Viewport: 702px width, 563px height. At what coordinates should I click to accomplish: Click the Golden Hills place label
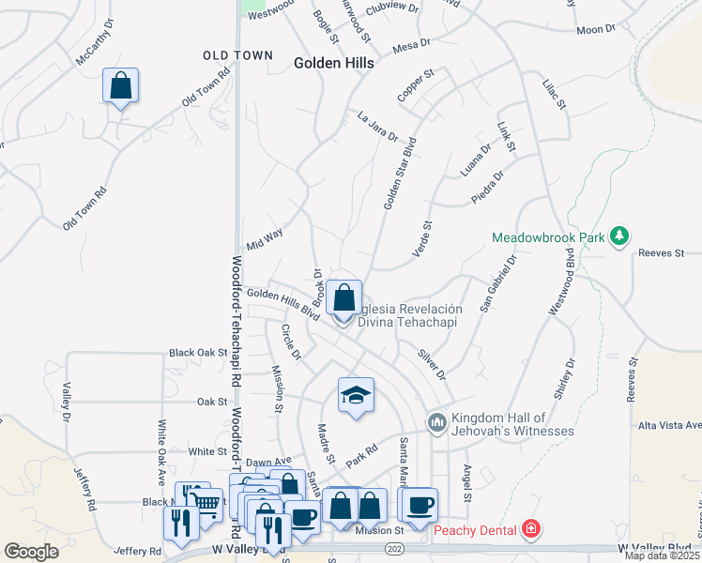333,63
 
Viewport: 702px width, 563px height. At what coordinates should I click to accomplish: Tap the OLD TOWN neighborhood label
224,56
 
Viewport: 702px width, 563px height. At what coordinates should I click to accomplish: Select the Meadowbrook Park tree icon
618,236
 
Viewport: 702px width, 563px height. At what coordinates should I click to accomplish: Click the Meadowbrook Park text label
549,238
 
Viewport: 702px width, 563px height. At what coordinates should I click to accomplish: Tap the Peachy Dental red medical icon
532,530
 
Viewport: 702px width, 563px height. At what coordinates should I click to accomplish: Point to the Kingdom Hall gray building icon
436,423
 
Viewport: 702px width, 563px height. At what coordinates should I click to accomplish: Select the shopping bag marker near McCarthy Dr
121,86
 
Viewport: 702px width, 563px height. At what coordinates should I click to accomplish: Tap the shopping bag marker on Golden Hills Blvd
344,297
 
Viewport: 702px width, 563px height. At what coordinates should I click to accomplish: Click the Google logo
32,552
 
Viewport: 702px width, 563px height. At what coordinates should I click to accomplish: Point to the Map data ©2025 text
661,555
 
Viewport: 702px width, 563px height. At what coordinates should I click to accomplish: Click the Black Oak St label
198,353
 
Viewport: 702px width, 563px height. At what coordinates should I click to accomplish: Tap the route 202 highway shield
394,548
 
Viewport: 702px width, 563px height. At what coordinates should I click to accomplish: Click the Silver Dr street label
433,363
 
